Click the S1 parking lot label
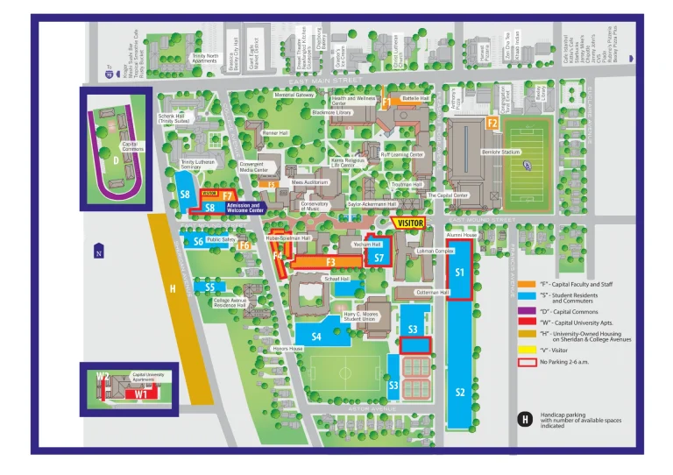point(460,273)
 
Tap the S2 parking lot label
point(460,392)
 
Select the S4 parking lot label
point(316,336)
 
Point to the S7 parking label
point(379,258)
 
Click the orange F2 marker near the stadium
point(492,124)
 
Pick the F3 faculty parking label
point(331,261)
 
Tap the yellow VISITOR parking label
point(410,223)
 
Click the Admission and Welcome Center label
point(244,208)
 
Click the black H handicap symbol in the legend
point(525,420)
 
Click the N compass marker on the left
point(99,254)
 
